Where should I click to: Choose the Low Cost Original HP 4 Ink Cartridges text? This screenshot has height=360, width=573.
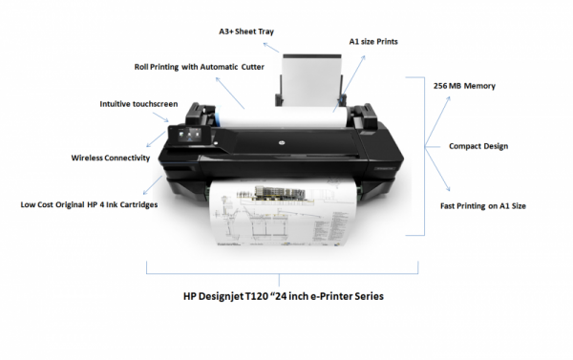[x=90, y=203]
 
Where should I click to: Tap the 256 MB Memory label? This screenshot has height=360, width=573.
[x=465, y=85]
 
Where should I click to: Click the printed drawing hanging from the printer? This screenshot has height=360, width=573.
[x=278, y=221]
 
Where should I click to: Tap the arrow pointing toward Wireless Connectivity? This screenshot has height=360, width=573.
[x=158, y=147]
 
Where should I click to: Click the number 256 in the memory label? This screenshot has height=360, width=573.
[x=441, y=85]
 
